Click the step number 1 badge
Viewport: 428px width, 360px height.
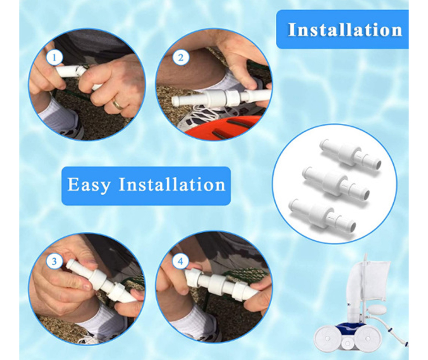tap(54, 58)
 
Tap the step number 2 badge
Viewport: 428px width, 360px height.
tap(181, 58)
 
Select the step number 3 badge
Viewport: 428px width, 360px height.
tap(54, 261)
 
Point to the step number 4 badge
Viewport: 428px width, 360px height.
tap(180, 261)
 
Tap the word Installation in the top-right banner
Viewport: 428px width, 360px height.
tap(345, 29)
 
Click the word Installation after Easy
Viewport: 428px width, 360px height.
tap(172, 184)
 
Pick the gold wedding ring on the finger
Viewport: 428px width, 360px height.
tap(118, 104)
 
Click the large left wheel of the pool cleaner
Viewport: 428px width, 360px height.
tap(327, 338)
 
